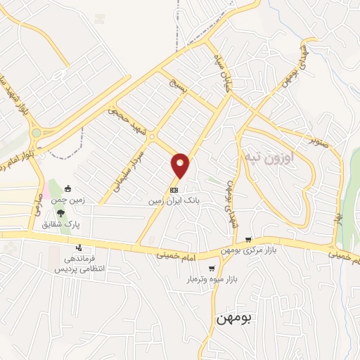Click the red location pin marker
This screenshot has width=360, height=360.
[x=181, y=165]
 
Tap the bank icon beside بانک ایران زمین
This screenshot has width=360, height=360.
[x=174, y=190]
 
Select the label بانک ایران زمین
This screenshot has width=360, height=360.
[x=174, y=200]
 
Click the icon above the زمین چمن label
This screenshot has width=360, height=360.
[x=68, y=188]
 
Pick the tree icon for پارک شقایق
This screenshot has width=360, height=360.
[x=62, y=212]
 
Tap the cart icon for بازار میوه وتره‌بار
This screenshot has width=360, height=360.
[x=212, y=269]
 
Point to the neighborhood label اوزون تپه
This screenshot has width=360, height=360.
[x=269, y=156]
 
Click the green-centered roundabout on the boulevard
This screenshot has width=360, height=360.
[x=36, y=133]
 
